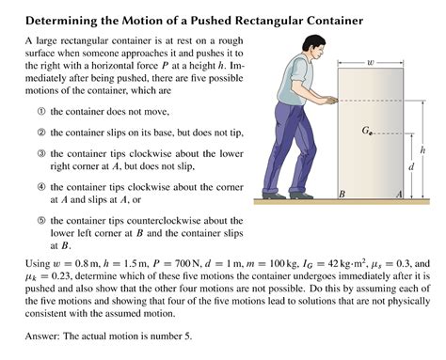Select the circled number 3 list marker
click(x=40, y=152)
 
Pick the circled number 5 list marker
click(x=40, y=220)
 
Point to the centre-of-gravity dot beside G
click(x=373, y=134)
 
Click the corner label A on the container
click(x=399, y=193)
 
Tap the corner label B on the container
click(x=342, y=193)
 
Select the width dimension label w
click(x=371, y=63)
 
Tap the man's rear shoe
click(x=266, y=195)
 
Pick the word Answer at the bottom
click(x=43, y=336)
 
